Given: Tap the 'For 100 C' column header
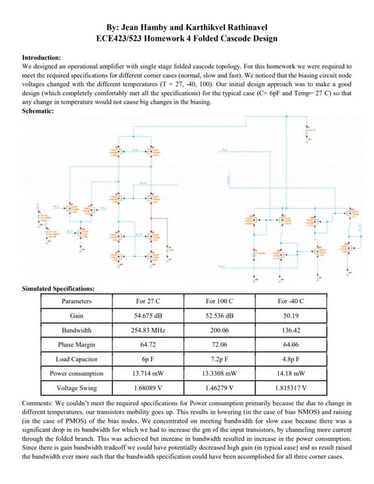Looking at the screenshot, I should (219, 300).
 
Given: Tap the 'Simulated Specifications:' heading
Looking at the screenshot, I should (58, 288).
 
